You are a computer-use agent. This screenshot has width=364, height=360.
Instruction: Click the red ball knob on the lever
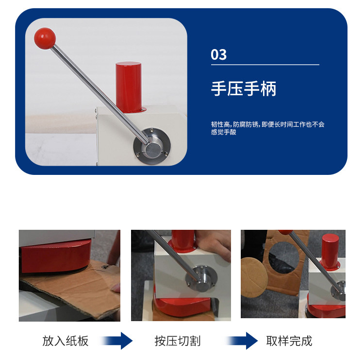[x=45, y=38]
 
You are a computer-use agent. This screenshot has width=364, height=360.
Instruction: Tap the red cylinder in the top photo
[x=129, y=87]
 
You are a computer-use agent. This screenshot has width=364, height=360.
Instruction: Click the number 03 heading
[x=218, y=54]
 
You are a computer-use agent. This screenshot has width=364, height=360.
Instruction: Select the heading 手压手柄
[x=244, y=88]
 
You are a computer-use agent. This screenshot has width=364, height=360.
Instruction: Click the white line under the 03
[x=265, y=65]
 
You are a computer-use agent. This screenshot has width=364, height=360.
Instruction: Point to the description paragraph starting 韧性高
[x=267, y=128]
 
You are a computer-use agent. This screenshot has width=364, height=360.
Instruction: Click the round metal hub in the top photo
[x=152, y=146]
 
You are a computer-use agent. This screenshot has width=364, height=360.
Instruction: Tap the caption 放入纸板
[x=66, y=341]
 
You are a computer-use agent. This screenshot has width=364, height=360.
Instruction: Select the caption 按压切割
[x=177, y=341]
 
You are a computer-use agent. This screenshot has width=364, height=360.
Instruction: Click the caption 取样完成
[x=289, y=341]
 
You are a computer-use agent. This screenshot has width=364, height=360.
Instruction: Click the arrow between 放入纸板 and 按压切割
[x=117, y=341]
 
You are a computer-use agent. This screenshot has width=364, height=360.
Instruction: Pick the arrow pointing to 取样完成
[x=242, y=341]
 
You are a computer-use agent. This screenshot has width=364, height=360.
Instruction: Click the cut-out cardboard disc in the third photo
[x=254, y=277]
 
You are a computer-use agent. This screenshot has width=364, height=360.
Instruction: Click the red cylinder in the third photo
[x=330, y=252]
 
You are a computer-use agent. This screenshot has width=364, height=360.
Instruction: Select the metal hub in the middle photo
[x=201, y=278]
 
